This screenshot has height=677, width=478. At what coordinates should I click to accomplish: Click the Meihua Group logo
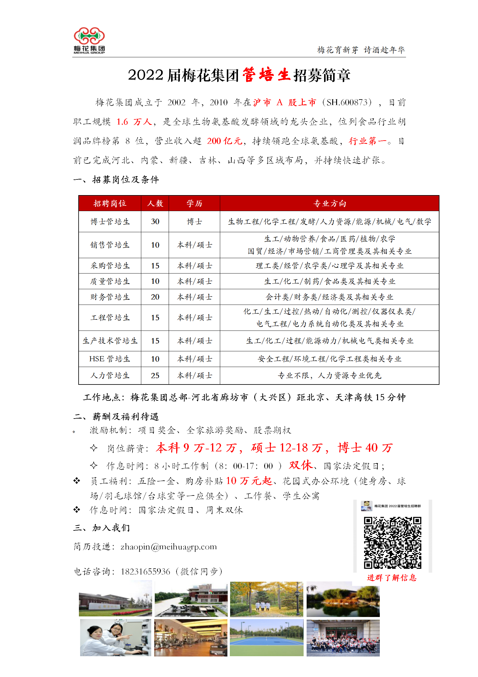click(x=89, y=40)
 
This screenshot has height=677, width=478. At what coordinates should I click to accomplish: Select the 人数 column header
click(x=155, y=204)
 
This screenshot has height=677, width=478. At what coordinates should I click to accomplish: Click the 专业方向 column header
click(x=330, y=204)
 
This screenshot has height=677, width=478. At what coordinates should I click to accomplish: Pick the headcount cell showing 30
click(x=155, y=222)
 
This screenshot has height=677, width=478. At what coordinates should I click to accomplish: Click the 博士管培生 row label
click(x=110, y=222)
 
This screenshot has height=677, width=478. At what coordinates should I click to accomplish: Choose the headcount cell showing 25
click(x=155, y=375)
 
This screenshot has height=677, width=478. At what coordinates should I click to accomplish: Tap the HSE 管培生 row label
click(x=110, y=359)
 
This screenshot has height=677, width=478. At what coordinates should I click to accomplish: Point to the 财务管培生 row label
click(x=110, y=297)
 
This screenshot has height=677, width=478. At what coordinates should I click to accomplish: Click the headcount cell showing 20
click(x=155, y=297)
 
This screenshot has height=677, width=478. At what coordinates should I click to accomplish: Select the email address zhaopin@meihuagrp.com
click(x=168, y=547)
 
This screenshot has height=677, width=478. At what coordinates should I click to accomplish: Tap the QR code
click(x=392, y=543)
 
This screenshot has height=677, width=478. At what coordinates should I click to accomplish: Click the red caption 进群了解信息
click(x=392, y=578)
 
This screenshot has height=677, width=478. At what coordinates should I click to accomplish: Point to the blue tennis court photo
click(x=267, y=637)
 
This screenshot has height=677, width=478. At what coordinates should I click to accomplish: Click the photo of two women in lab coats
click(x=115, y=637)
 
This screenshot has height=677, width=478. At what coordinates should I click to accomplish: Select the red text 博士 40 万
click(x=365, y=448)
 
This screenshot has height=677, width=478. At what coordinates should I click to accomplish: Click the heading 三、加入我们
click(x=102, y=528)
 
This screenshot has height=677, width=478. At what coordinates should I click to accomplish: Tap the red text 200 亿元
click(x=225, y=141)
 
